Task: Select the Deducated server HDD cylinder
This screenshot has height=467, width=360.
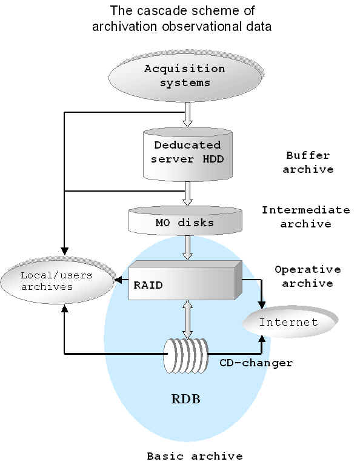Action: click(187, 154)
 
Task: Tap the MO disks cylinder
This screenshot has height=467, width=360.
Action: click(185, 220)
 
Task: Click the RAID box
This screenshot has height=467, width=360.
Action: click(185, 280)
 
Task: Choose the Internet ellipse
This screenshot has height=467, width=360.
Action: click(290, 322)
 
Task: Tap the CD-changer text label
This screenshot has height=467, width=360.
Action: click(256, 363)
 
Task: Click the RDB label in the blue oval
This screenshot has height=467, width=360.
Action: click(185, 399)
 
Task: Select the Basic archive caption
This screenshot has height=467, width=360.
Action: click(195, 456)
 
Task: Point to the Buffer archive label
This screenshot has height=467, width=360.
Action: click(308, 163)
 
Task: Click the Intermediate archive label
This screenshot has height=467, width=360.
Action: click(306, 217)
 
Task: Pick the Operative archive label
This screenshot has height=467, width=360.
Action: click(308, 276)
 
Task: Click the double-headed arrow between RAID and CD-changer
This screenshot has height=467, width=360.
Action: click(187, 320)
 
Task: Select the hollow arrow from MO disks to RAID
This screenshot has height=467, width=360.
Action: click(187, 248)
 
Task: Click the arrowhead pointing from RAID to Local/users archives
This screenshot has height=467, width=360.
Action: click(118, 280)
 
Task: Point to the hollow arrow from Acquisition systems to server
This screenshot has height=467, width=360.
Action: click(187, 115)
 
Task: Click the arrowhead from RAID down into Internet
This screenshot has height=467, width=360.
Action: click(262, 305)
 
